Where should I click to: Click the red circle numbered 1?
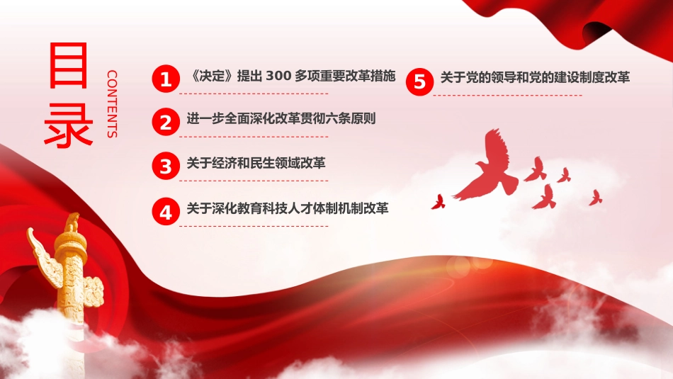[x=166, y=79]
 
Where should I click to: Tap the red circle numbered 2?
[x=166, y=123]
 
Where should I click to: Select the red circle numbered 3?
[x=166, y=166]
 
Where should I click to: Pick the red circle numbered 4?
[x=166, y=211]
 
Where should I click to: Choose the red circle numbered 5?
[x=419, y=81]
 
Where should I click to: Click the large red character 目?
[x=69, y=67]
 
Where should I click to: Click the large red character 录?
[x=69, y=125]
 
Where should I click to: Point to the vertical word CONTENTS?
[x=111, y=103]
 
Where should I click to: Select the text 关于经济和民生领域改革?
[x=256, y=164]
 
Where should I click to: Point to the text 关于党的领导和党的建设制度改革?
[x=535, y=77]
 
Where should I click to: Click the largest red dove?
[x=489, y=167]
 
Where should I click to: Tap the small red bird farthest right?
[x=595, y=198]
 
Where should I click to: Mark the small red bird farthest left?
[x=438, y=202]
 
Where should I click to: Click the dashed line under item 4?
[x=253, y=226]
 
